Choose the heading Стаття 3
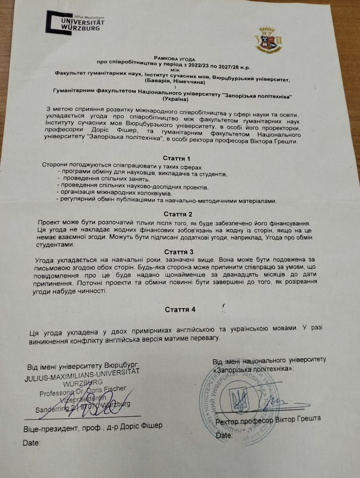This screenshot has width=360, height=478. [179, 252]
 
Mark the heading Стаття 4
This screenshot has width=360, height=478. [180, 309]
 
